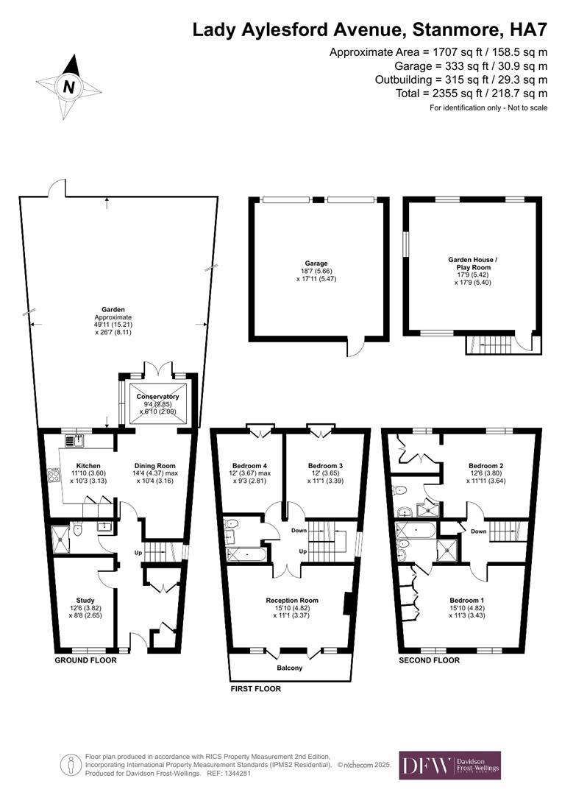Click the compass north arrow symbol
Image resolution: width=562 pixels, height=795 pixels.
68,86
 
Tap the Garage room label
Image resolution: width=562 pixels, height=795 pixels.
316,263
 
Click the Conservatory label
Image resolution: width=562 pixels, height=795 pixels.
157,397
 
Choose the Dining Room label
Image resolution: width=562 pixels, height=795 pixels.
154,465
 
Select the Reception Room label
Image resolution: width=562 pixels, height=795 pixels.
291,601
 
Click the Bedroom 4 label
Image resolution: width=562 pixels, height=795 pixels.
248,465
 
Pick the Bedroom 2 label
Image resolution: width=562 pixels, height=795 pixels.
486,465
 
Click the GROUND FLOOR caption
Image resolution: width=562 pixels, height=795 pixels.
85,660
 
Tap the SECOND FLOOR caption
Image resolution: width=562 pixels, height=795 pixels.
430,660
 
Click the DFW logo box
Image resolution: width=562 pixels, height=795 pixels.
449,765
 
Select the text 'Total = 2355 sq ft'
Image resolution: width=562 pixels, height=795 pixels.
429,93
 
